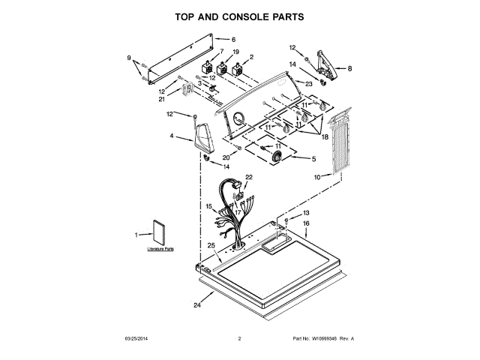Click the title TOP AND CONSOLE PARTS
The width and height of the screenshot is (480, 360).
pos(239,16)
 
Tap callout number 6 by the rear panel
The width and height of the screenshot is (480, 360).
pos(233,39)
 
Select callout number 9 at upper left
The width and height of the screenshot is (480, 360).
pos(128,58)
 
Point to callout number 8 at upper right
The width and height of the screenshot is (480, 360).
pos(349,68)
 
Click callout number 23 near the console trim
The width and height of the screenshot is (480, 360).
pos(309,83)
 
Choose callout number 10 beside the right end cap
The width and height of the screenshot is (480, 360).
pos(316,177)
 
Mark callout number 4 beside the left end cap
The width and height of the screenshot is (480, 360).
pos(171,136)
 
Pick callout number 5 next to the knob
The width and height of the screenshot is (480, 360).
pos(313,158)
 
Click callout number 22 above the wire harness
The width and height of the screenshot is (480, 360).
pos(248,177)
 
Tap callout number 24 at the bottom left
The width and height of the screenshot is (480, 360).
pos(197,305)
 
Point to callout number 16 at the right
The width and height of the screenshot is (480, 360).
pos(306,223)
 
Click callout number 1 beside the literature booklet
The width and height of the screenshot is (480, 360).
pos(136,235)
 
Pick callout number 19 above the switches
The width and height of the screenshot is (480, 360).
pos(235,52)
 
